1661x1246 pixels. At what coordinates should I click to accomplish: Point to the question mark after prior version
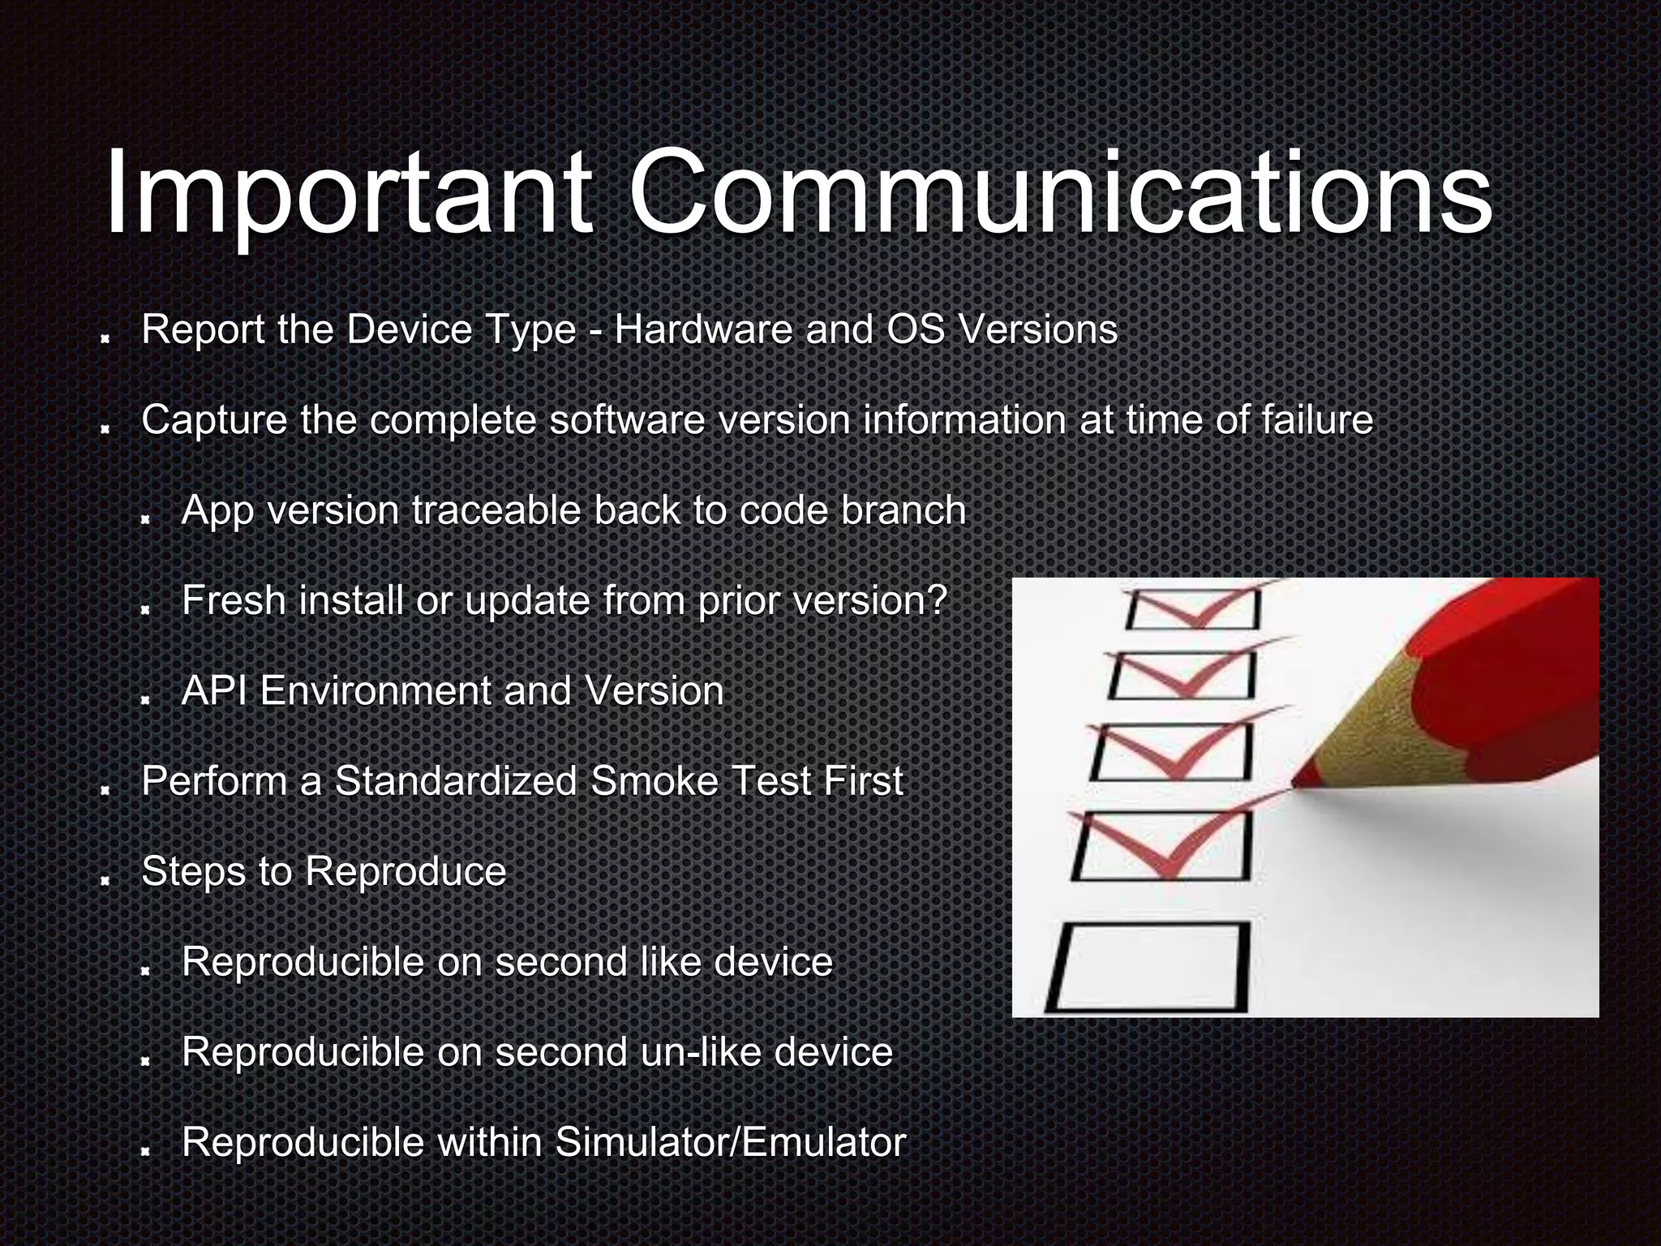[x=938, y=601]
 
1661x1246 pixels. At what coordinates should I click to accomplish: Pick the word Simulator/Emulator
[x=730, y=1142]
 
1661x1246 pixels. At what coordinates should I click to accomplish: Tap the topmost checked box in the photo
[x=1192, y=608]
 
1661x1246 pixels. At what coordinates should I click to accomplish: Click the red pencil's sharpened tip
[x=1296, y=782]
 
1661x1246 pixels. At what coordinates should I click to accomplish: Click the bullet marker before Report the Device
[x=105, y=337]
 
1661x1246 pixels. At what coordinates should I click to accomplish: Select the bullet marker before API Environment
[x=146, y=698]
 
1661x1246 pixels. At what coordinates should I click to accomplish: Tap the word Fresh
[x=235, y=601]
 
